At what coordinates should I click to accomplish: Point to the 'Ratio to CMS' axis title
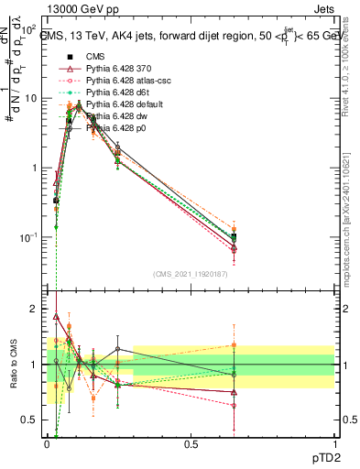(x=14, y=365)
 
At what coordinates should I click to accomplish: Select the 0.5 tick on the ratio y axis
(x=35, y=420)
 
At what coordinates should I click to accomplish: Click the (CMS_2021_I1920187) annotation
(x=191, y=274)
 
